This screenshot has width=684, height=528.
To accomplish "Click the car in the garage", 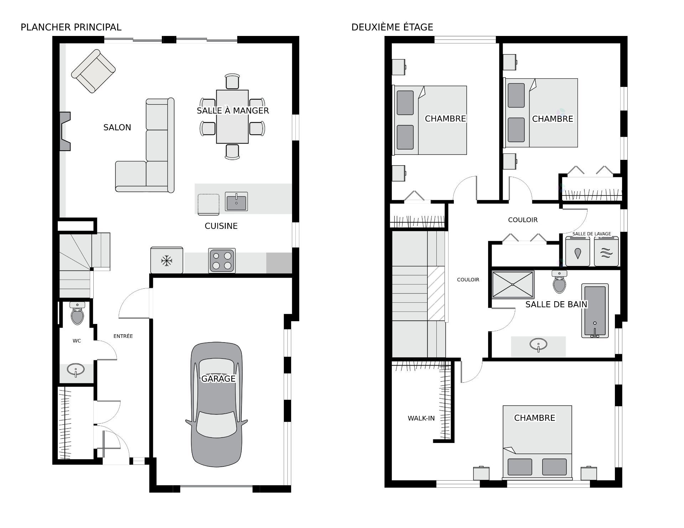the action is coord(217,405).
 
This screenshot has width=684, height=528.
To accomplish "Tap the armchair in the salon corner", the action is coord(93,71).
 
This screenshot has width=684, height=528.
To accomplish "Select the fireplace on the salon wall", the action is coord(65,131).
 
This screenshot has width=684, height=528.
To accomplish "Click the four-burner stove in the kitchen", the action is coord(222,261).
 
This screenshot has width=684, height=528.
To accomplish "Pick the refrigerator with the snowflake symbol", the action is coord(167,260).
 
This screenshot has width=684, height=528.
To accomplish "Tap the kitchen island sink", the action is coord(236,202).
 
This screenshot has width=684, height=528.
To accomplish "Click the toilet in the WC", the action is coord(77,313).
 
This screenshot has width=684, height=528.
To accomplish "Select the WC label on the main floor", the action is coord(77,341).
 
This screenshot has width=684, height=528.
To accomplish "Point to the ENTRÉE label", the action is coord(123,336).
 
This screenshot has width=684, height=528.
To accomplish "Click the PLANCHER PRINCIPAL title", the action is coord(71,27).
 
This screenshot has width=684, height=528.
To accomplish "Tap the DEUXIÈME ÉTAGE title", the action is coord(392,27).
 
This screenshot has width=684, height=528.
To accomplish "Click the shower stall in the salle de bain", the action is coord(513,284).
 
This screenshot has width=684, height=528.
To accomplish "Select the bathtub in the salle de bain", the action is coord(595,310).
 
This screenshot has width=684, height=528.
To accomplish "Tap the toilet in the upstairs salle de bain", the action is coord(559,282).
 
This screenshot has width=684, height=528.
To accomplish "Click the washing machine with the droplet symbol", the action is coord(577,251).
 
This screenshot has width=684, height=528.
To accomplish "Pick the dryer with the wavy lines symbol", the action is coord(606,251).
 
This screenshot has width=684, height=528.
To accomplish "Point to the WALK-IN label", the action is coord(421,418).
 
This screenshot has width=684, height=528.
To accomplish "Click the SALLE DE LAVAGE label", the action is coord(592,234).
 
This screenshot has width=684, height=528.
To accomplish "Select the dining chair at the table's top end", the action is coord(232,81).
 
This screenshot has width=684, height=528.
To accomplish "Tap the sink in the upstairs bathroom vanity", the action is coord(538,345).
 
